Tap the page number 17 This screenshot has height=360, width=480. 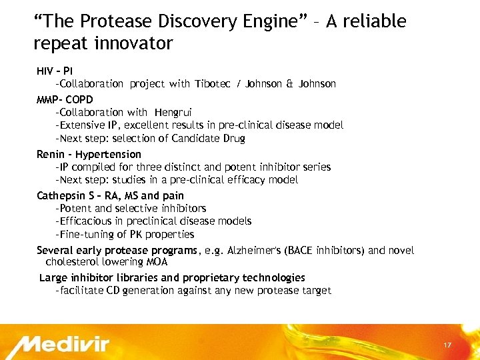tap(447, 345)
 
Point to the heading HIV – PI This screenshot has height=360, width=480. tap(55, 71)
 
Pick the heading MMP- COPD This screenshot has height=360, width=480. tap(65, 99)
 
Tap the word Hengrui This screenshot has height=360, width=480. tap(173, 112)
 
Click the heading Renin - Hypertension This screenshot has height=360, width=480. tap(89, 154)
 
